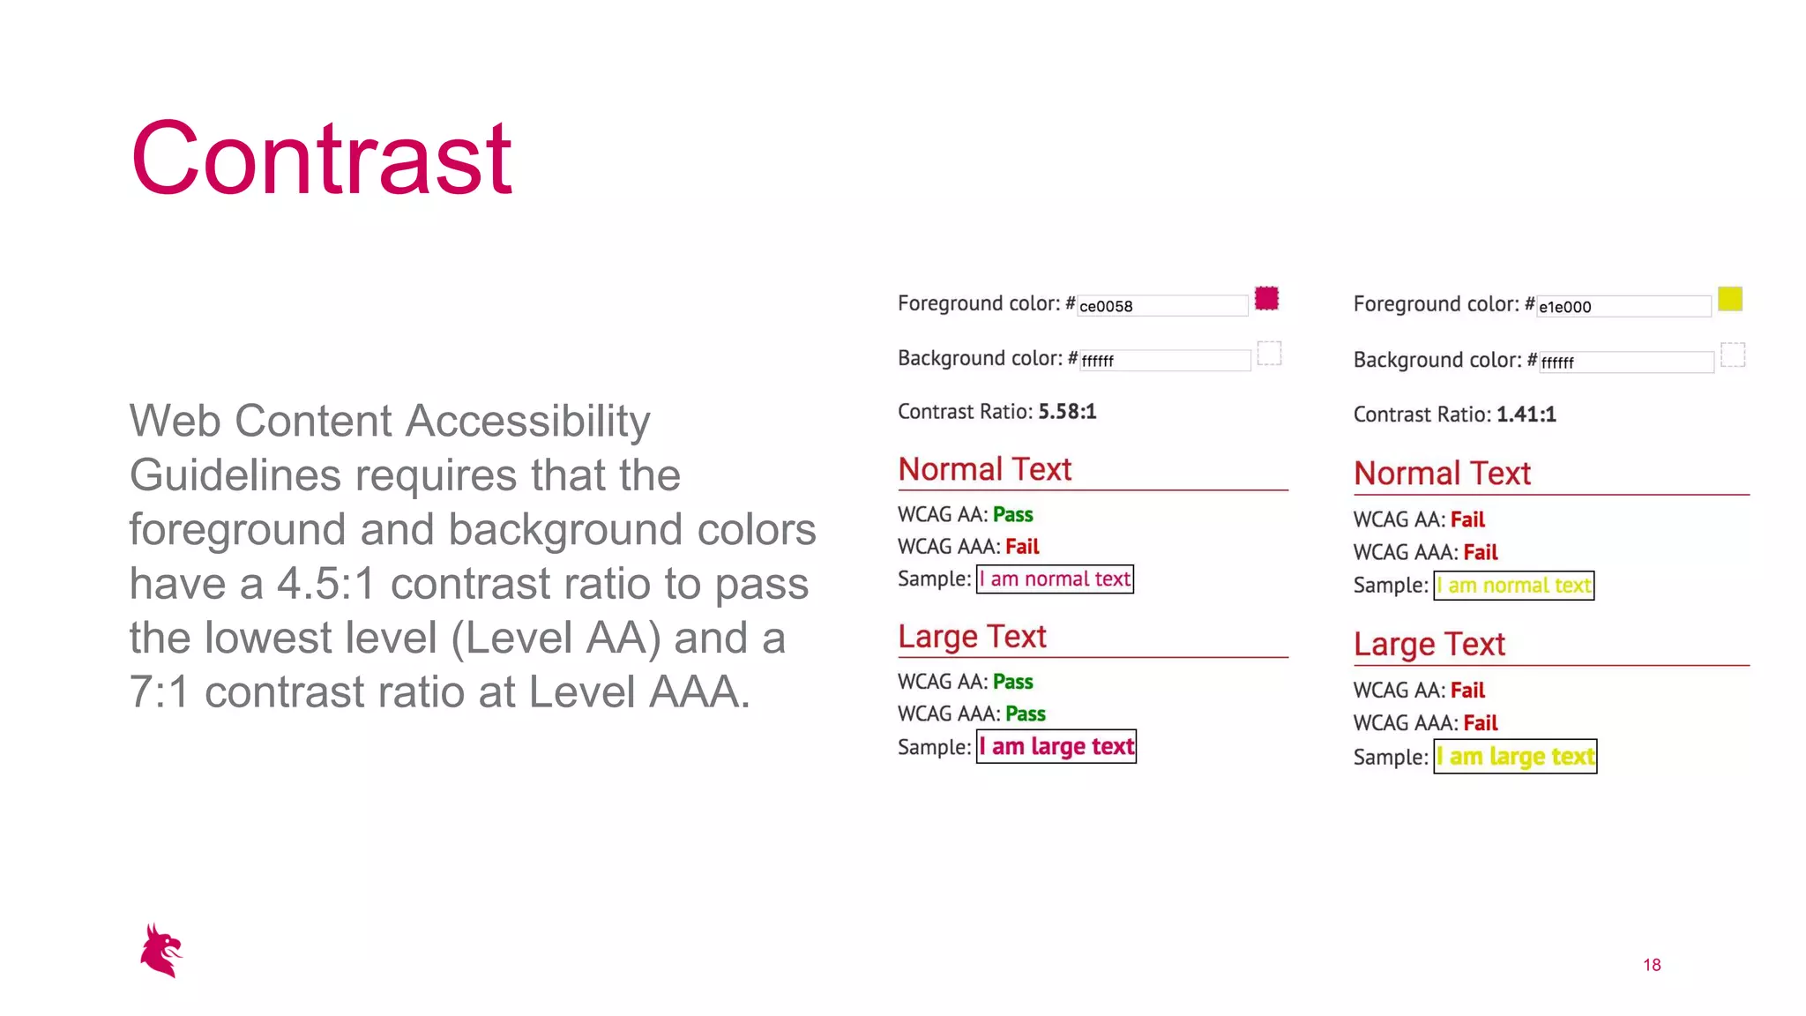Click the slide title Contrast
coord(321,160)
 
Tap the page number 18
coord(1652,965)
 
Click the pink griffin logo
coord(160,951)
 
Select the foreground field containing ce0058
coord(1161,306)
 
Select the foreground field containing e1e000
coord(1623,307)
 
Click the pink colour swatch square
coord(1266,299)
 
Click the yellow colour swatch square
coord(1729,299)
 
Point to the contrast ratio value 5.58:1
coord(1067,412)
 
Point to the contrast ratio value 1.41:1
coord(1526,415)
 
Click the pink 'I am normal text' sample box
coord(1055,579)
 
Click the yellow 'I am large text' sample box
coord(1515,757)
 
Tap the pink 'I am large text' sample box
coord(1056,747)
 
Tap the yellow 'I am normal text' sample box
coord(1513,586)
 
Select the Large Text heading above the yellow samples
coord(1429,645)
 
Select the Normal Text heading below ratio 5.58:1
coord(984,470)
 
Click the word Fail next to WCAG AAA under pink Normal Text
coord(1022,547)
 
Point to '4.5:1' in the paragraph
coord(326,584)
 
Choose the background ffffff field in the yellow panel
coord(1625,362)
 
